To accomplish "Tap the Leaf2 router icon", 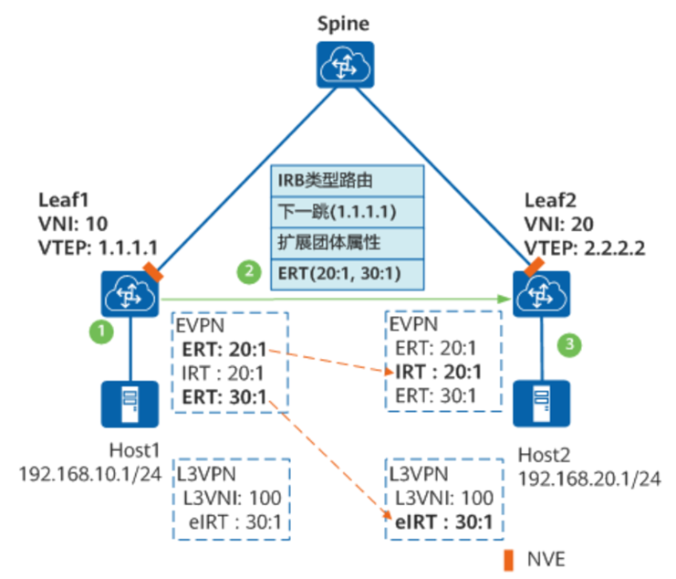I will pos(541,294).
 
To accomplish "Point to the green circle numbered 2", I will pos(245,270).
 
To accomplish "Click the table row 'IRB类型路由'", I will pos(348,180).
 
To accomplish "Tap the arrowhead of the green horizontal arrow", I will pos(504,299).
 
